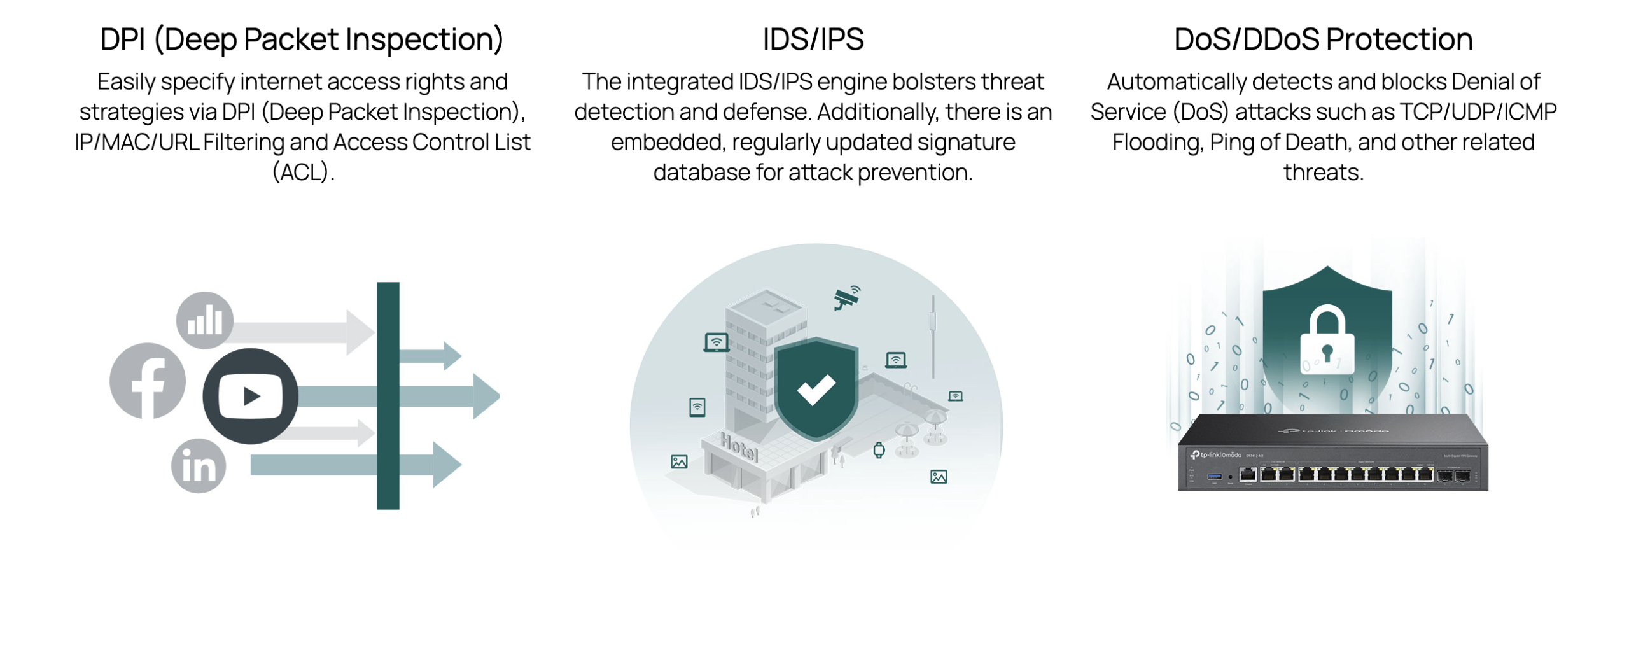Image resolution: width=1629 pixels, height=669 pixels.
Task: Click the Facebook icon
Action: [x=148, y=381]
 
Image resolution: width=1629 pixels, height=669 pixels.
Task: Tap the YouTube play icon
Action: [x=251, y=396]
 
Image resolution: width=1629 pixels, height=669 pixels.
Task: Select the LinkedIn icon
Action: [x=199, y=466]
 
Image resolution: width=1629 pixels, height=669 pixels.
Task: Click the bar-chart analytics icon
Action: [x=205, y=320]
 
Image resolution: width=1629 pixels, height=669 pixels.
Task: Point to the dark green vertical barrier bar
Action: [x=388, y=395]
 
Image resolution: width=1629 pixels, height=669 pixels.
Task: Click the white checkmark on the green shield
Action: [x=816, y=390]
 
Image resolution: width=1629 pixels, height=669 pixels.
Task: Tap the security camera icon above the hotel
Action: [x=847, y=297]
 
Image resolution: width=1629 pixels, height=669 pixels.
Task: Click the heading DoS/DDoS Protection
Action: [x=1324, y=39]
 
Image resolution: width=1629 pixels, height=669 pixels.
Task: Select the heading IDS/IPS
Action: [x=813, y=39]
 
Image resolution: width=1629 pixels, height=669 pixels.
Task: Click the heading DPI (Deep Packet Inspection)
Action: [x=302, y=39]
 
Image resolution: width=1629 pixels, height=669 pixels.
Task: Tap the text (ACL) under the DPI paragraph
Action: [x=303, y=173]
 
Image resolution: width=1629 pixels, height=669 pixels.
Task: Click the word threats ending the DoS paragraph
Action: [x=1324, y=173]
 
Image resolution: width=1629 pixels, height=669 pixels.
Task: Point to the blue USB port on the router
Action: [x=1214, y=475]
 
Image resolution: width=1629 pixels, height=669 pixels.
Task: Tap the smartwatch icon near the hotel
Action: [x=879, y=450]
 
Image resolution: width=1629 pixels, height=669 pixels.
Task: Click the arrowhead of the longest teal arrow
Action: [x=486, y=396]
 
